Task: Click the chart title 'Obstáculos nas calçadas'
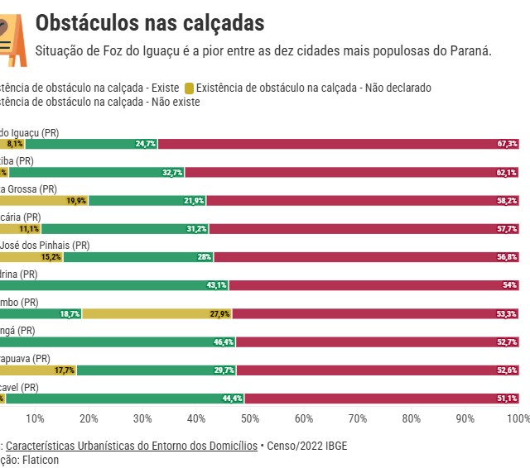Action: point(150,22)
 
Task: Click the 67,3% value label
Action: point(507,144)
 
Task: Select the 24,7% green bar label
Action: point(146,144)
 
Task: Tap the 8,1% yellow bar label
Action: point(15,144)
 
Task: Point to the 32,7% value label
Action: point(172,172)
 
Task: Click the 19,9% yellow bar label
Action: point(76,201)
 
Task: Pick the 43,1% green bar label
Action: point(216,285)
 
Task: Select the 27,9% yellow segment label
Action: point(219,314)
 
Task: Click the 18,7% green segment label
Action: point(70,314)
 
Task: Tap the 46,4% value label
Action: point(223,342)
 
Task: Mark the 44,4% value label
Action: point(232,399)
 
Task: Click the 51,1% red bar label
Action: point(507,399)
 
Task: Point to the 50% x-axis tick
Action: point(250,418)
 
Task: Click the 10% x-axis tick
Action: point(35,418)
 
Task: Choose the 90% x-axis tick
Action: point(465,418)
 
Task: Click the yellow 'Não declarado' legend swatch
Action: point(189,88)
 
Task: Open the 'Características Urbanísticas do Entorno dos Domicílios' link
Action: point(132,446)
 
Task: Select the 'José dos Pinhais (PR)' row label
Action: point(45,246)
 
